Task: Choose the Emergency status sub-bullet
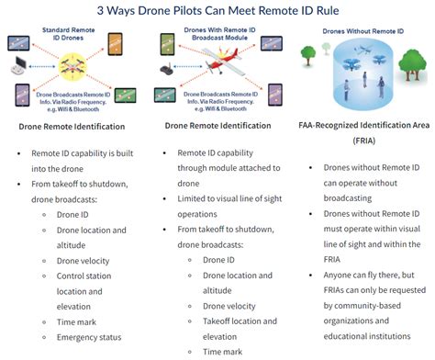pos(90,337)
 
